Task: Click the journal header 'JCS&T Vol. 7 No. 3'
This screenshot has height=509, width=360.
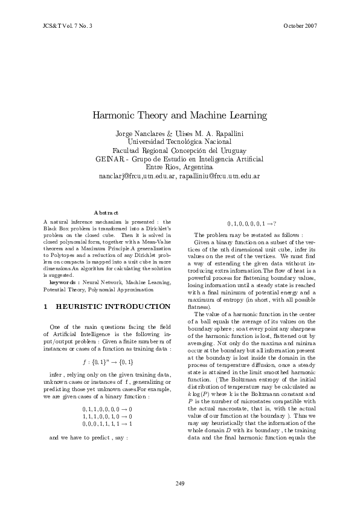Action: (68, 27)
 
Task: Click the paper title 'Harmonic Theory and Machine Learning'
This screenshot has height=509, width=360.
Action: (179, 115)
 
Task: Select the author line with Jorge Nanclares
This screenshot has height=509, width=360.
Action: (179, 133)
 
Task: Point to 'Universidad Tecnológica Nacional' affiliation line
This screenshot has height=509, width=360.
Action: (179, 141)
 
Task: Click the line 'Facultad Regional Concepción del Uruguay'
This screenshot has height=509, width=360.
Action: (179, 151)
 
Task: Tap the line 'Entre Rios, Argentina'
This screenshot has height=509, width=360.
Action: (179, 167)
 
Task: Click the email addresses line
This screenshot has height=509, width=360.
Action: (179, 176)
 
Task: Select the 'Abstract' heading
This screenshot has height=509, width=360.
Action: (107, 212)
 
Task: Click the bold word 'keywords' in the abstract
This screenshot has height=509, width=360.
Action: (62, 282)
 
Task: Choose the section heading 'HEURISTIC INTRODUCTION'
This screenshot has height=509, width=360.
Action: (109, 307)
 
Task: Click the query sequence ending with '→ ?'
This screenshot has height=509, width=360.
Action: (252, 223)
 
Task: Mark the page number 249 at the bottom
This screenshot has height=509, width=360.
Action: (179, 483)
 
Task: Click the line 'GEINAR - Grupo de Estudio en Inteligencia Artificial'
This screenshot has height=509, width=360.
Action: (179, 159)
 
